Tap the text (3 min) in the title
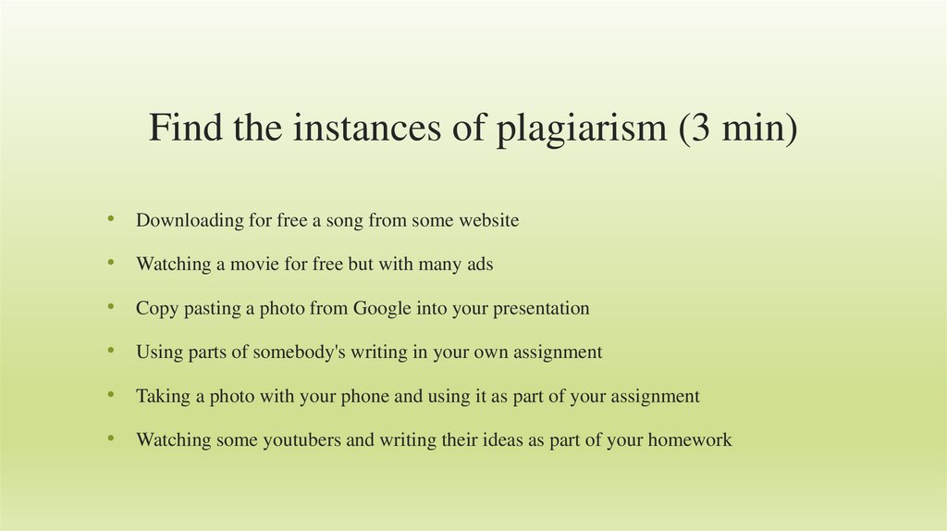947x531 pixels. (x=736, y=129)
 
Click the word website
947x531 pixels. (x=484, y=220)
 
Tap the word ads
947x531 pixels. (x=478, y=264)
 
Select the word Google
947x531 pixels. (x=382, y=308)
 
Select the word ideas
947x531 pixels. (x=503, y=439)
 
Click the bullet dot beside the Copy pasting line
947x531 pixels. (x=111, y=306)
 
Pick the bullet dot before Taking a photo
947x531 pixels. (x=111, y=394)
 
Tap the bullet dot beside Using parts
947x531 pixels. (x=111, y=350)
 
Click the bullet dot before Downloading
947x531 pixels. (x=111, y=218)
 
